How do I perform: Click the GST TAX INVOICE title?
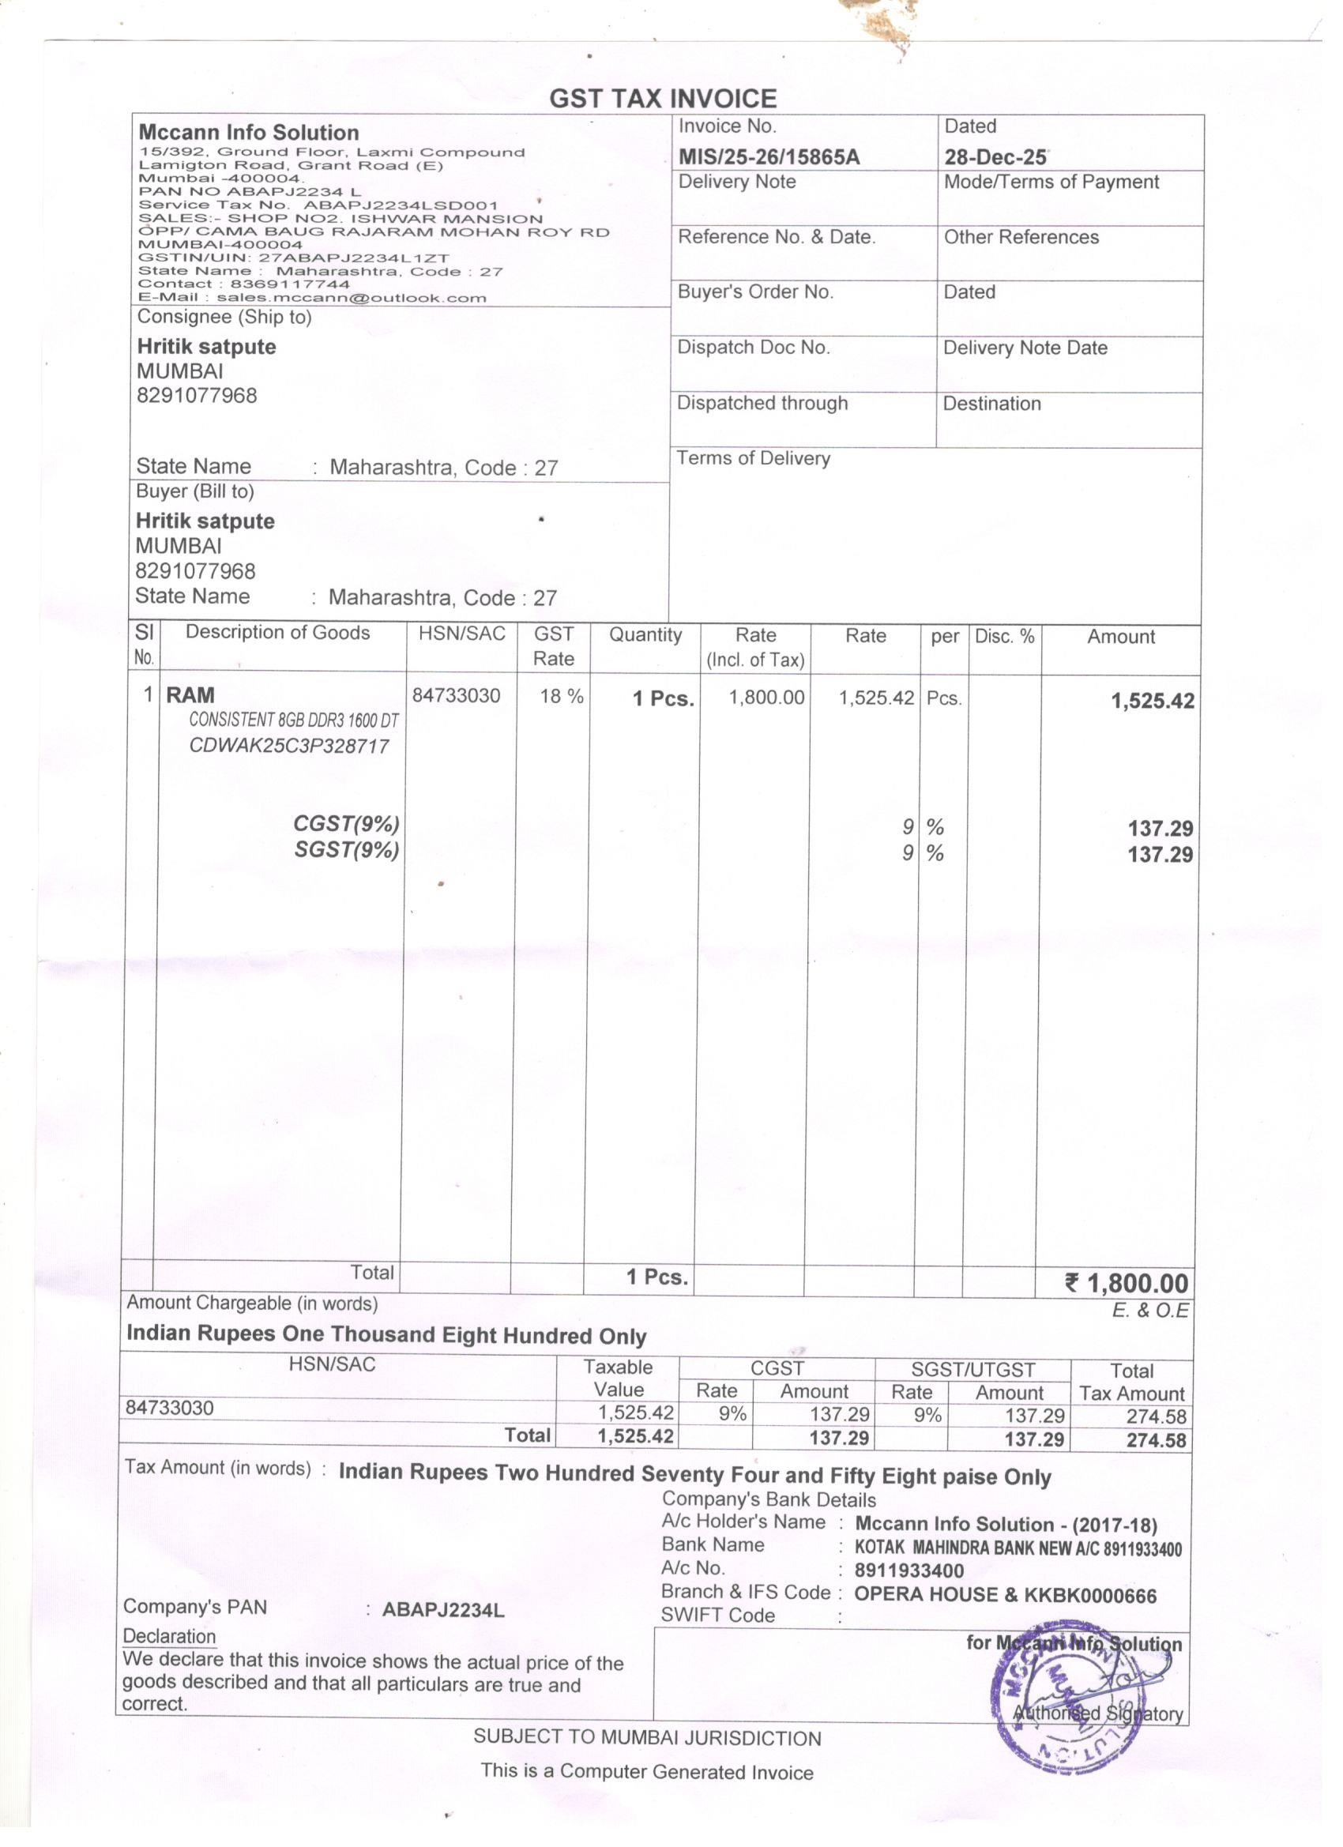663,99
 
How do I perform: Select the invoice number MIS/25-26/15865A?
769,156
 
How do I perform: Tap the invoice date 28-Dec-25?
995,156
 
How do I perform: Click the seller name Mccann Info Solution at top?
248,133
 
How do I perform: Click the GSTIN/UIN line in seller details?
293,258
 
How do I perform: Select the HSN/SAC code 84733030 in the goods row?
456,694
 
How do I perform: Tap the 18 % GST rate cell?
561,695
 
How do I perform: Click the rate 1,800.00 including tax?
766,697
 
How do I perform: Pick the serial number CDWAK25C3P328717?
289,746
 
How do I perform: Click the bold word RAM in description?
190,695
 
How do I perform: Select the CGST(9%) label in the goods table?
346,823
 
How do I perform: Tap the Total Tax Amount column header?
1131,1382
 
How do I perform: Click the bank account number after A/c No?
909,1571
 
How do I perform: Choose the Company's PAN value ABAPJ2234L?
443,1610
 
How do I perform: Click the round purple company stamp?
1067,1702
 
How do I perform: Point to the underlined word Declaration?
169,1637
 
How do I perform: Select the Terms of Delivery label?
754,458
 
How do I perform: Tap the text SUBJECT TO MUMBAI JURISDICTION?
647,1739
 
